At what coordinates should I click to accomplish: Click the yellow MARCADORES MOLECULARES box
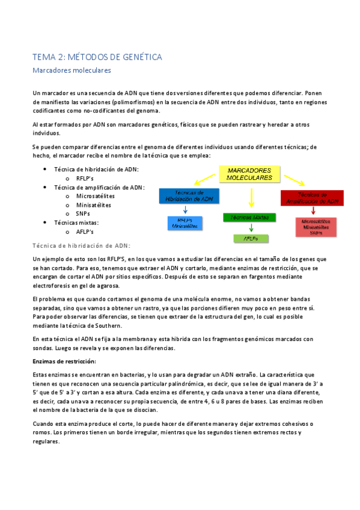tap(249, 174)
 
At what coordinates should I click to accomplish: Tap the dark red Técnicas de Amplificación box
tap(311, 198)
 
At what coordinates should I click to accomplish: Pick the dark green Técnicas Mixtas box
tap(249, 217)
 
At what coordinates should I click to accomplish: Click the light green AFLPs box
tap(251, 239)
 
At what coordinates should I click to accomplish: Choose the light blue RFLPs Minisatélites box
tap(185, 223)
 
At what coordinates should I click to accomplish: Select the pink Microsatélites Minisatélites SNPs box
tap(316, 227)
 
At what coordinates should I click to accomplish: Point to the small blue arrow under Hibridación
tap(185, 209)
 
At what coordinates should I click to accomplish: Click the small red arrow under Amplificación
tap(314, 211)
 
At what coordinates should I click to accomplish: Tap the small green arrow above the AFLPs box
tap(251, 228)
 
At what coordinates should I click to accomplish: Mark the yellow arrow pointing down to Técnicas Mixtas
tap(251, 197)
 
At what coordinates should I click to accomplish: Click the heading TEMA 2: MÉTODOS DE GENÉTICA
tap(97, 57)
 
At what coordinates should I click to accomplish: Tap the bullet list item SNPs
tap(83, 214)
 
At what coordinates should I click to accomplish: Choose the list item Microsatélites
tap(95, 196)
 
